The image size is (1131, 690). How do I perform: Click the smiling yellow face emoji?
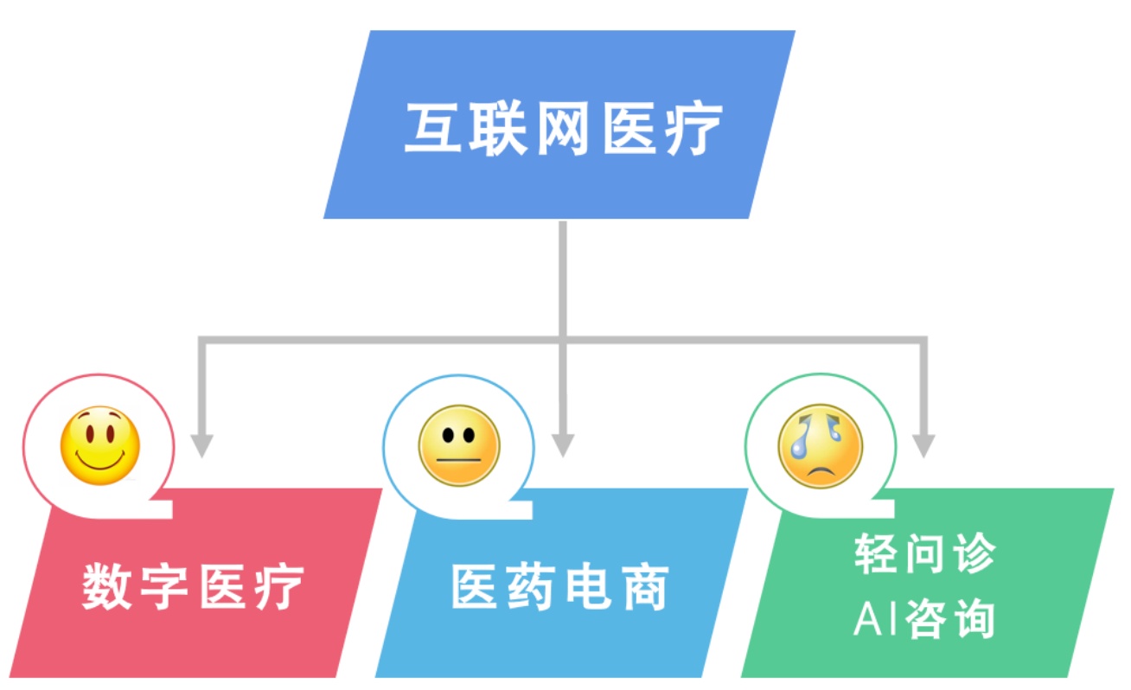pyautogui.click(x=99, y=445)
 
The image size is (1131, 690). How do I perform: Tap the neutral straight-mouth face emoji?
pyautogui.click(x=459, y=445)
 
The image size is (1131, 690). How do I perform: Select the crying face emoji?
pyautogui.click(x=820, y=447)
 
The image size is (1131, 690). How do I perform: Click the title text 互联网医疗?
pyautogui.click(x=563, y=130)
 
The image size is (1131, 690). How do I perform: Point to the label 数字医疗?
pyautogui.click(x=194, y=587)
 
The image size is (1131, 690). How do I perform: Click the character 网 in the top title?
pyautogui.click(x=563, y=130)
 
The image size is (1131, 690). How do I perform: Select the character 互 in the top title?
pyautogui.click(x=431, y=130)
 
